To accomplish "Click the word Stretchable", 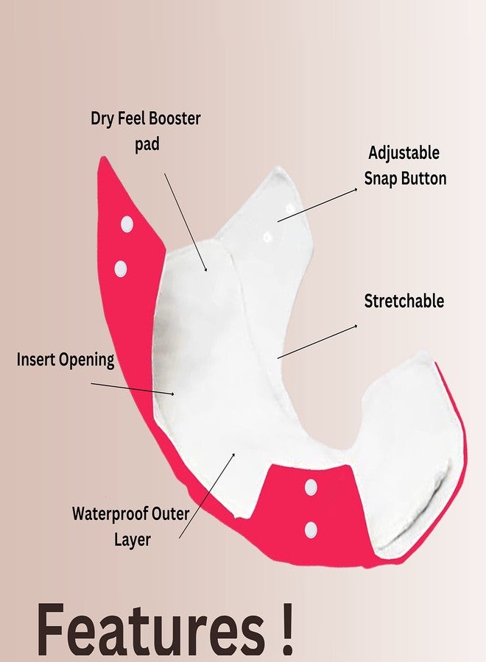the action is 404,301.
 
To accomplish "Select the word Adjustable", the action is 404,153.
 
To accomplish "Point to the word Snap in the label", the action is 381,179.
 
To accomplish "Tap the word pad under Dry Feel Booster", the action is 147,145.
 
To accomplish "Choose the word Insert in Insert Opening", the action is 35,360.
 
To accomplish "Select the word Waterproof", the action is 111,515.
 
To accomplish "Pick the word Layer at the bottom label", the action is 133,540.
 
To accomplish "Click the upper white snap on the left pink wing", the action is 127,224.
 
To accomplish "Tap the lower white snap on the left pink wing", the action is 121,268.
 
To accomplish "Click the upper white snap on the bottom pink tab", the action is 311,487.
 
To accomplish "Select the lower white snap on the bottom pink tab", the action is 311,530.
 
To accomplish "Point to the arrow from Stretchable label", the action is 317,341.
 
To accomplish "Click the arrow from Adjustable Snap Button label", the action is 317,204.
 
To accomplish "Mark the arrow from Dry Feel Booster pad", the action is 186,222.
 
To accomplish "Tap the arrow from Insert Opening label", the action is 133,389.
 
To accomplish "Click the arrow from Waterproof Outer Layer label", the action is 207,495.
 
